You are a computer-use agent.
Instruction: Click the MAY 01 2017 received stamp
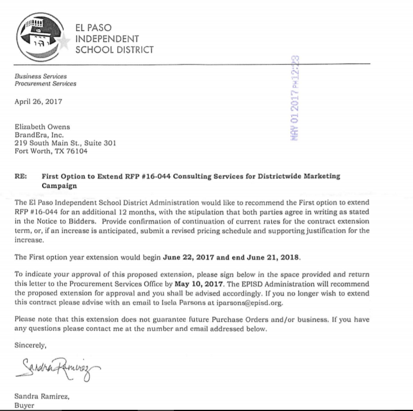coord(293,98)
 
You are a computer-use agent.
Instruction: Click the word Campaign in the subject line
coord(59,185)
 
